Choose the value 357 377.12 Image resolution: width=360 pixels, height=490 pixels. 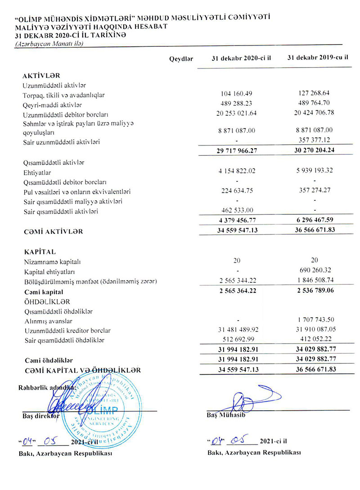click(x=314, y=140)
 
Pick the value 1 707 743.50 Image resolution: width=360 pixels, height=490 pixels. click(x=314, y=321)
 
